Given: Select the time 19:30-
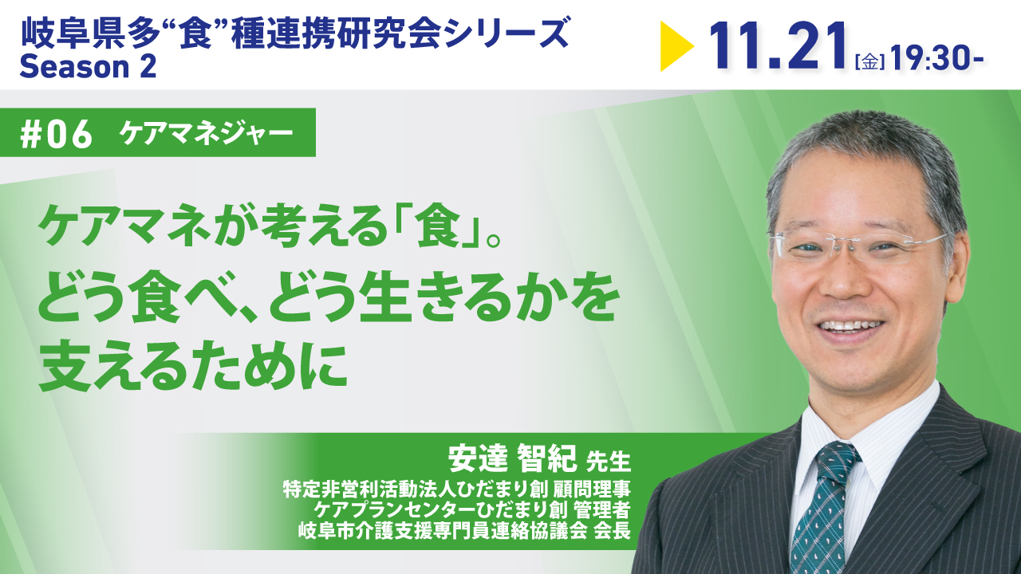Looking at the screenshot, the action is pyautogui.click(x=936, y=57).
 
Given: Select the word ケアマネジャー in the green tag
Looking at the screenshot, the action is pyautogui.click(x=206, y=135).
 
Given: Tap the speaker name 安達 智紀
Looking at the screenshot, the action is pyautogui.click(x=512, y=458).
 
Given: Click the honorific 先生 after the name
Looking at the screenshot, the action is pyautogui.click(x=608, y=461).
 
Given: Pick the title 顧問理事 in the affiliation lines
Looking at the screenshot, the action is pyautogui.click(x=592, y=489).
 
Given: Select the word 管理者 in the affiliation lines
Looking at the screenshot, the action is pyautogui.click(x=601, y=510).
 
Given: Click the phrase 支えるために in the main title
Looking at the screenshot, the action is pyautogui.click(x=194, y=368).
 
